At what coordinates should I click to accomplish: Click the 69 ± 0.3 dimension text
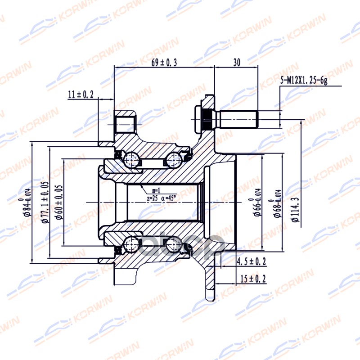[x=164, y=63]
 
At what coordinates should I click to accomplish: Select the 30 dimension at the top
[x=237, y=63]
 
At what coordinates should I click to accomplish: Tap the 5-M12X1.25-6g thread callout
[x=304, y=81]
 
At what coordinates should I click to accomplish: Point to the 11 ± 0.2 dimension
[x=81, y=94]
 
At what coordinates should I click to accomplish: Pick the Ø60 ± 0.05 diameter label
[x=58, y=202]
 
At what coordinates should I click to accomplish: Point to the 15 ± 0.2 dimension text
[x=252, y=279]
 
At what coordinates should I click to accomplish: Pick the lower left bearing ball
[x=131, y=246]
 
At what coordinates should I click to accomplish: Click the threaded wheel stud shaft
[x=238, y=119]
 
